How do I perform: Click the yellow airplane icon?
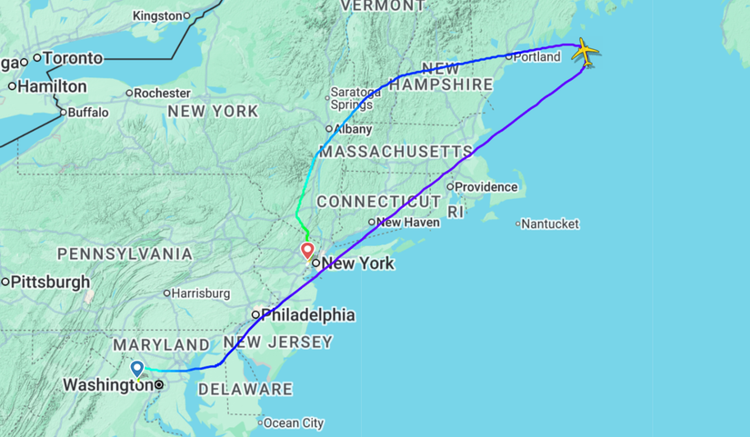coord(585,52)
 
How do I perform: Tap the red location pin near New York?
coord(307,250)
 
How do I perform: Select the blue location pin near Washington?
coord(137,368)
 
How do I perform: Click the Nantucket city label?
coord(551,223)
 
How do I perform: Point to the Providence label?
coord(486,187)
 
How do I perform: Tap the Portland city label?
coord(536,56)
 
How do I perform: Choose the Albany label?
coord(353,129)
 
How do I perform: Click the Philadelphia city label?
coord(307,315)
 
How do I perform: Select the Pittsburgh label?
coord(51,282)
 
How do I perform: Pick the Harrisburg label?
coord(200,293)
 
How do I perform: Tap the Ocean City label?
coord(294,422)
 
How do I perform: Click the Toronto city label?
coord(73,58)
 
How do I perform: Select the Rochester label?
coord(163,93)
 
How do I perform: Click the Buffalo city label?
coord(88,113)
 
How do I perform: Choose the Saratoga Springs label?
coord(355,98)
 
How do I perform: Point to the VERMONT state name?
coord(382,6)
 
